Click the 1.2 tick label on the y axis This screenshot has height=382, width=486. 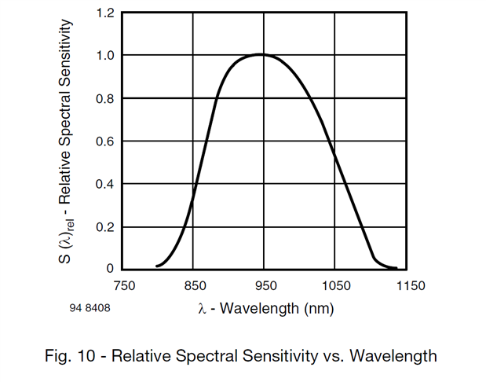click(104, 13)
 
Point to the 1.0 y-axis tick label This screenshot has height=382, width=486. click(104, 56)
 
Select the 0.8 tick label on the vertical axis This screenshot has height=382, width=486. click(104, 99)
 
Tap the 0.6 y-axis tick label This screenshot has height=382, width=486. click(104, 141)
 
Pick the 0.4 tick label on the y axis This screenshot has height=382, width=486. click(104, 185)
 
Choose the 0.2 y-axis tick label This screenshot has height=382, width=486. click(104, 227)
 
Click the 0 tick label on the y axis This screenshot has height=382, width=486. click(110, 270)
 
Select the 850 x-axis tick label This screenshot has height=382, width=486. click(195, 286)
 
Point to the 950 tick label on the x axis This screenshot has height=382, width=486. click(265, 286)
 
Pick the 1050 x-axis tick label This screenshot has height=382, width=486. click(335, 286)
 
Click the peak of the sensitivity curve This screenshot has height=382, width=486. click(261, 54)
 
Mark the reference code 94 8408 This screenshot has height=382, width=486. click(90, 308)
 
